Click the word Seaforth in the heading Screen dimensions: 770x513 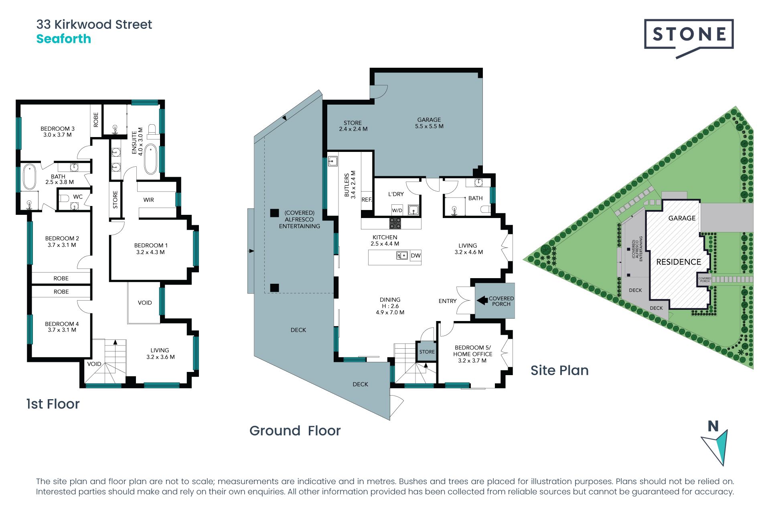coord(64,39)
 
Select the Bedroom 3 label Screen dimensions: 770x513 coord(57,132)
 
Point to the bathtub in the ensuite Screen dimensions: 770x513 coord(150,159)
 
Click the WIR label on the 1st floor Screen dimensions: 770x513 coord(148,200)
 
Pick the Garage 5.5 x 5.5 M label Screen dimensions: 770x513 coord(429,123)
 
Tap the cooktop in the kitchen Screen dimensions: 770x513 coord(395,223)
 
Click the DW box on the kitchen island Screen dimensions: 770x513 coord(416,256)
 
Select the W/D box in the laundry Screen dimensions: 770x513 coord(397,210)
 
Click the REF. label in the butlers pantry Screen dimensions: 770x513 coord(367,200)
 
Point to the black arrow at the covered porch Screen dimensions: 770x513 coord(482,300)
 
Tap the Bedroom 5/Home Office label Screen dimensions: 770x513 coord(472,354)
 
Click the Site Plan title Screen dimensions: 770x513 coord(559,370)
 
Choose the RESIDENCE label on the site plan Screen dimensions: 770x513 coord(679,262)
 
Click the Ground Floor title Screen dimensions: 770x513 coord(295,431)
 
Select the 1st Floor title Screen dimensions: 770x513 coord(53,404)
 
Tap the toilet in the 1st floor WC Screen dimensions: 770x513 coord(64,198)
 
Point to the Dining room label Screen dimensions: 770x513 coord(390,306)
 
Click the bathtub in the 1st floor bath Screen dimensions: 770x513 coord(29,177)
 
